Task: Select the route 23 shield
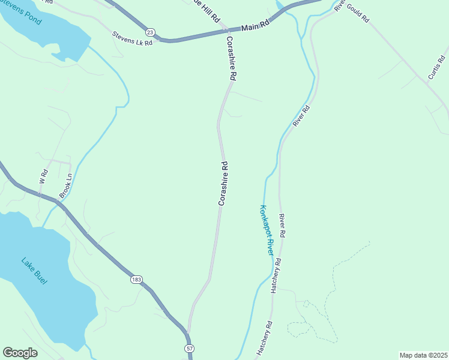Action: click(149, 32)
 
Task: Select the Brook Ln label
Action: click(65, 187)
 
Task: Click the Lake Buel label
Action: click(34, 270)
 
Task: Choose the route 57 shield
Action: click(190, 348)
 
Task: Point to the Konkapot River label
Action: click(266, 230)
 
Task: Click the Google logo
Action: click(20, 353)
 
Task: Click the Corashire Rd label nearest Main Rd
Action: click(232, 58)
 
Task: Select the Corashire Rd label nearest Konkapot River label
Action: click(223, 184)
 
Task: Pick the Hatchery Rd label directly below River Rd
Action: click(277, 275)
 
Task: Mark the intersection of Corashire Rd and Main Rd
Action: click(225, 29)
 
